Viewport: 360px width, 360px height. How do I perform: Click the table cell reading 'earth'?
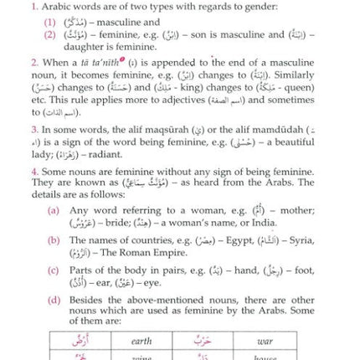coord(141,342)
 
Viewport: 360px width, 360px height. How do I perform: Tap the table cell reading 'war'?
coord(265,342)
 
